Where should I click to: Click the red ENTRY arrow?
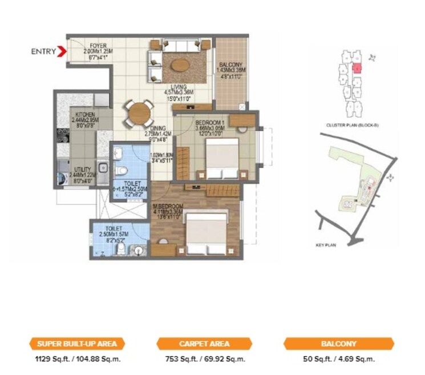pos(62,52)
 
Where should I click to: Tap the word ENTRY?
pos(43,52)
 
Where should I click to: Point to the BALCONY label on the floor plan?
pos(230,65)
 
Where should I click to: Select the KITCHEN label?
pos(83,114)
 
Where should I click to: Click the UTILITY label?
pos(83,170)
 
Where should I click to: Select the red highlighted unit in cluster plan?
pos(357,68)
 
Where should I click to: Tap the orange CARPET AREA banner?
pos(204,344)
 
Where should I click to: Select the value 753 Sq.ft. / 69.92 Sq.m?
pos(204,360)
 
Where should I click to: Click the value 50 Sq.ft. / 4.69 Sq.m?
pos(339,360)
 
